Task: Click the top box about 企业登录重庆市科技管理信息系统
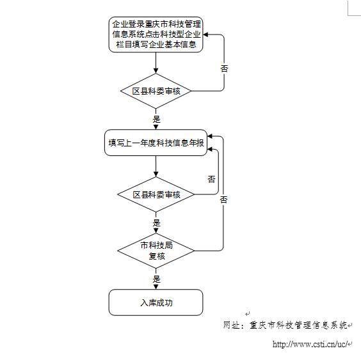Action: pos(156,35)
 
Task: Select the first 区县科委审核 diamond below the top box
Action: pos(156,91)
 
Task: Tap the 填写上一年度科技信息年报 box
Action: pos(156,143)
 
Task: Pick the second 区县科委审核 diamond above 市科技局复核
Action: pos(156,194)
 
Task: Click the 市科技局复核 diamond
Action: pos(156,251)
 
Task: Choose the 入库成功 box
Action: pos(156,302)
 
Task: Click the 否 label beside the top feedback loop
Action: pos(224,68)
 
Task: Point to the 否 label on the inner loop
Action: pos(211,179)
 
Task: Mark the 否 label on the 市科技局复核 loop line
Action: pos(223,200)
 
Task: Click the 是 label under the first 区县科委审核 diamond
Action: pos(156,119)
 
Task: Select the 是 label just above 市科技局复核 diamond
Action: pos(156,223)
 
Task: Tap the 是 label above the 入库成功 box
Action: pos(156,279)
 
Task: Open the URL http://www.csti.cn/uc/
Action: pos(310,344)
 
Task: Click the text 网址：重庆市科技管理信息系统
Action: pos(285,325)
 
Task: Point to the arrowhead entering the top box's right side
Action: pos(205,35)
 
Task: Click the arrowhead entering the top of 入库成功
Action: pos(156,287)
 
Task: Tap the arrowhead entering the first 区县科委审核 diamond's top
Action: pos(156,71)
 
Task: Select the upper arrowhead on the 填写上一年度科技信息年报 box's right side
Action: pos(210,136)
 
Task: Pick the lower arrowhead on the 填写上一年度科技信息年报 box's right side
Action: pos(210,149)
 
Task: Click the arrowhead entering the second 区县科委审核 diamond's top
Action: pos(156,174)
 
